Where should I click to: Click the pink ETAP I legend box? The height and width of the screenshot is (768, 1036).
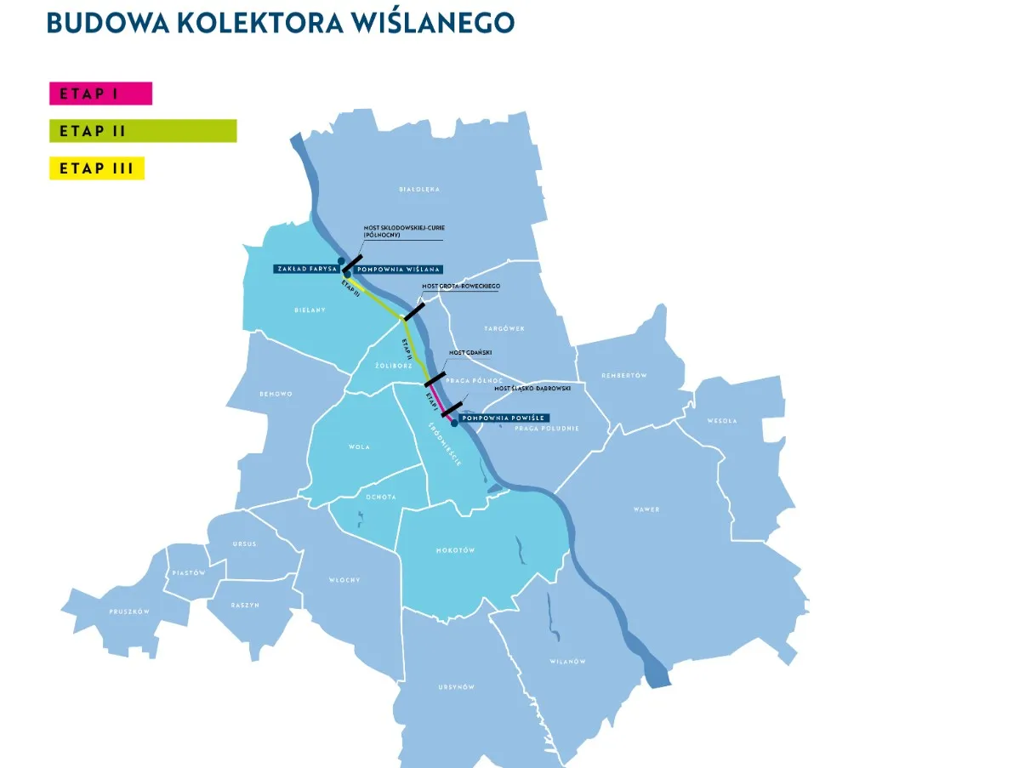(x=100, y=94)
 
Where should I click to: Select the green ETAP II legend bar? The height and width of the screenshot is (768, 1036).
(x=143, y=131)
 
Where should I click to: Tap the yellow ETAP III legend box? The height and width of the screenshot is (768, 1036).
(x=97, y=168)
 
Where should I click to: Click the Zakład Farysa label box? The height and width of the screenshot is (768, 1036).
(x=307, y=269)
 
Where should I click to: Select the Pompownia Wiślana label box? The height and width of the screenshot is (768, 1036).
(x=399, y=269)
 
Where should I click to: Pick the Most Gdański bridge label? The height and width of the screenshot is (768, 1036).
(x=470, y=352)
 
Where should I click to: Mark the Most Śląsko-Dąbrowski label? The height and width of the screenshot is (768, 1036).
(x=539, y=388)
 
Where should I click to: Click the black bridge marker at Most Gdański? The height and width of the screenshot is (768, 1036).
(x=435, y=378)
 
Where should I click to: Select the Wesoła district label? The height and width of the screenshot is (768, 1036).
(x=721, y=420)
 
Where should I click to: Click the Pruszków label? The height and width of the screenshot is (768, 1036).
(x=129, y=612)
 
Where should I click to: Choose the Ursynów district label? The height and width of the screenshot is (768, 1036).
(x=457, y=686)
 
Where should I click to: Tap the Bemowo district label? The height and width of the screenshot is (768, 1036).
(x=276, y=394)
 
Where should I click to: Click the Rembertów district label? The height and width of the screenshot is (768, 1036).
(x=624, y=375)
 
